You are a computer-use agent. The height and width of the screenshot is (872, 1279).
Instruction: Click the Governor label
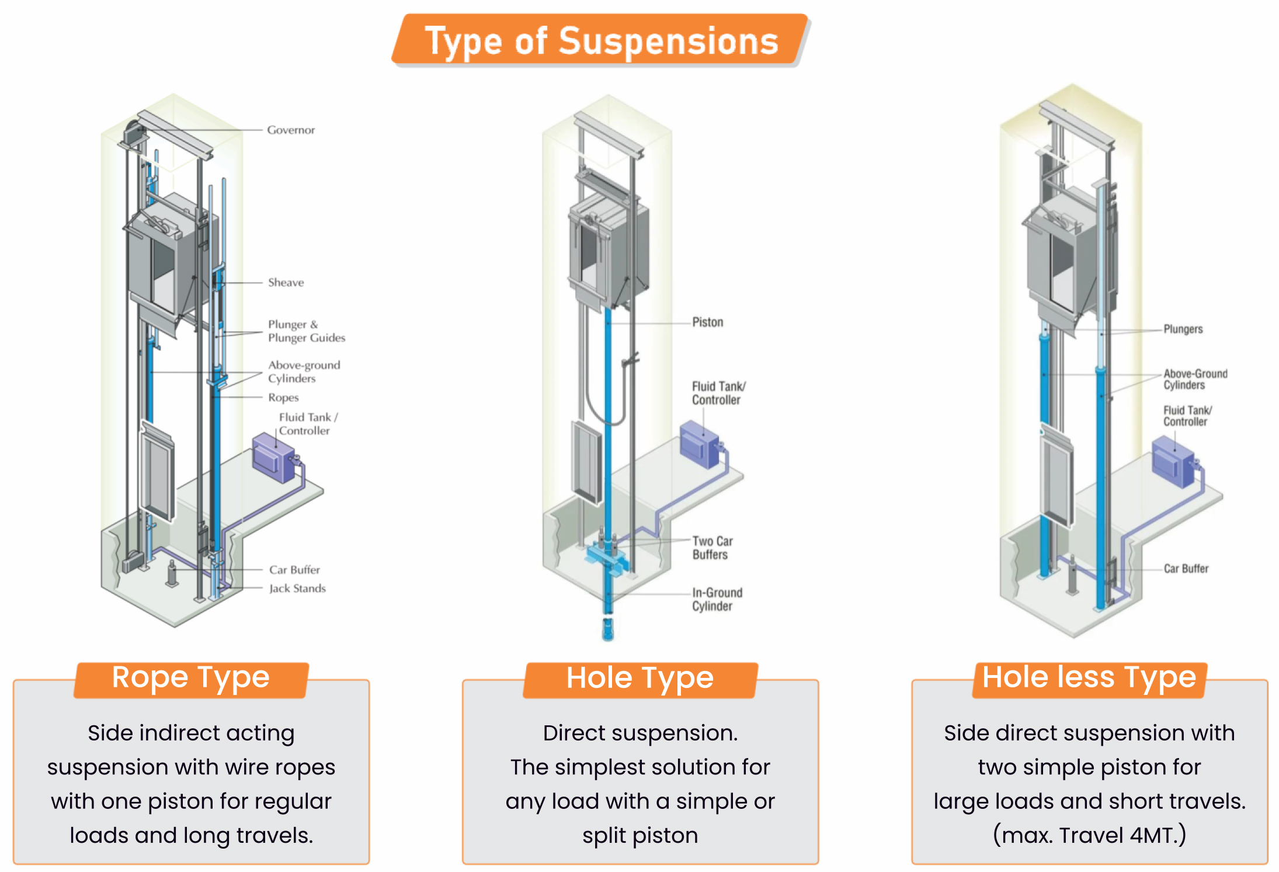[291, 130]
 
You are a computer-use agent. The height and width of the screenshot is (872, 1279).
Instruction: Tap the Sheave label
[286, 282]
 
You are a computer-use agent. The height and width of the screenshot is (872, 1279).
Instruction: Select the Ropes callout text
[283, 397]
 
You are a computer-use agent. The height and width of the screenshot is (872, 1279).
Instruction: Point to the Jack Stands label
[297, 589]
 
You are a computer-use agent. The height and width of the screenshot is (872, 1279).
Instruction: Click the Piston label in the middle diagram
[707, 322]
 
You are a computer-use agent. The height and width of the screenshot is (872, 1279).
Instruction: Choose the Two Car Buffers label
[712, 548]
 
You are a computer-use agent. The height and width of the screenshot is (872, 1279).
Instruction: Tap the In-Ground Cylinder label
[717, 599]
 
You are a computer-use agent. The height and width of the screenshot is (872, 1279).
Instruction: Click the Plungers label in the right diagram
[1183, 329]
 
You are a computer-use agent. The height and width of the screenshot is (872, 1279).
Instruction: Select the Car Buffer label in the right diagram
[1186, 569]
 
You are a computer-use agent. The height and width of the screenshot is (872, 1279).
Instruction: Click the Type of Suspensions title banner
[601, 41]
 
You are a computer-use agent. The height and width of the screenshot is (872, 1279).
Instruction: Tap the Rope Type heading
[190, 678]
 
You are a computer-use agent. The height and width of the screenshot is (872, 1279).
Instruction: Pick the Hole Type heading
[639, 679]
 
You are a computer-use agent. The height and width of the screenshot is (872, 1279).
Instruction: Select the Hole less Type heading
[1089, 678]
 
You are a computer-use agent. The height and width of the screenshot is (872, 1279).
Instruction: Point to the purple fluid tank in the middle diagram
[700, 444]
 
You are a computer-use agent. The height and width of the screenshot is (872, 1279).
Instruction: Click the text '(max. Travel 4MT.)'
[1089, 835]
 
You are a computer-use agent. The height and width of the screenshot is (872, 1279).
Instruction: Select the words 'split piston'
[640, 835]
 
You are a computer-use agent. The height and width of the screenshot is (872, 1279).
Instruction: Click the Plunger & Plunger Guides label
[306, 331]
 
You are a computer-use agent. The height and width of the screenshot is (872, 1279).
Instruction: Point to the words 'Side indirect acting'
[191, 733]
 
